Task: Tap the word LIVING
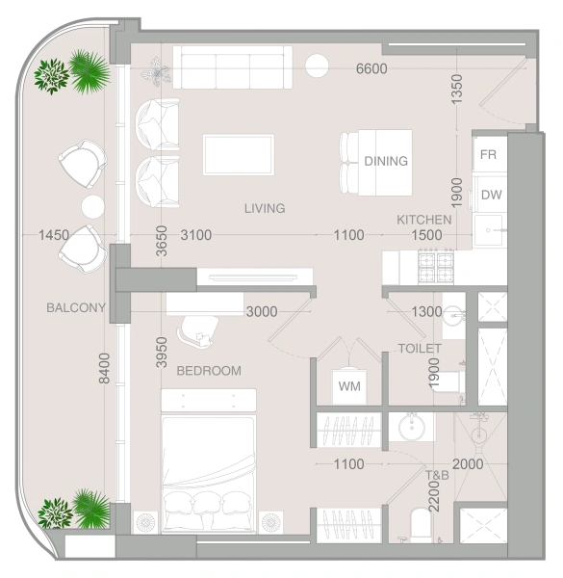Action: pyautogui.click(x=265, y=208)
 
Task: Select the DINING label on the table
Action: pyautogui.click(x=386, y=161)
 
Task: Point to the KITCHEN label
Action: pyautogui.click(x=424, y=221)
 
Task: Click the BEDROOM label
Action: pyautogui.click(x=209, y=370)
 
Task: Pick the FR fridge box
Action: pyautogui.click(x=488, y=154)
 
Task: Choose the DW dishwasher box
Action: pyautogui.click(x=491, y=195)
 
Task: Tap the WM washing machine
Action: pyautogui.click(x=348, y=386)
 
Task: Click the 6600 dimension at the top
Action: pyautogui.click(x=371, y=68)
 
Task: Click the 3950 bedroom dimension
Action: pyautogui.click(x=162, y=354)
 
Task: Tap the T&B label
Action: pyautogui.click(x=438, y=476)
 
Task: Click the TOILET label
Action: pyautogui.click(x=420, y=348)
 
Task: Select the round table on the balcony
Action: pyautogui.click(x=92, y=206)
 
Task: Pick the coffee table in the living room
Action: pyautogui.click(x=239, y=154)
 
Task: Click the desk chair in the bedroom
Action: pyautogui.click(x=200, y=330)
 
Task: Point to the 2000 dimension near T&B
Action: pyautogui.click(x=468, y=464)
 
